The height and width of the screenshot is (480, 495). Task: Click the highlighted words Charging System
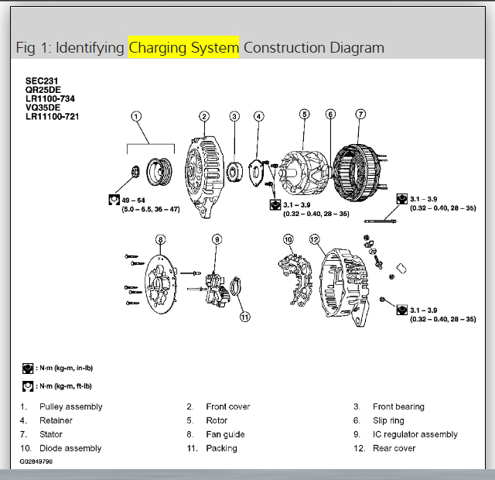tap(184, 48)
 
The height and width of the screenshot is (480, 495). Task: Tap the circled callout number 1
tap(136, 117)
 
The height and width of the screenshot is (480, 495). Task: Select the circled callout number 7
tap(360, 115)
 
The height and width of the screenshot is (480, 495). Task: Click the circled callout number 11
tap(244, 316)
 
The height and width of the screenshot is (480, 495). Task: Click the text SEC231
tap(42, 81)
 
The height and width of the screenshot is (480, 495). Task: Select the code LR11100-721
tap(53, 117)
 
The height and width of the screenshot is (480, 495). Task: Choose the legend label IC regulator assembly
tap(415, 434)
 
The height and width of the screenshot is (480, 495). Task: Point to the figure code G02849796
tap(37, 461)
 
